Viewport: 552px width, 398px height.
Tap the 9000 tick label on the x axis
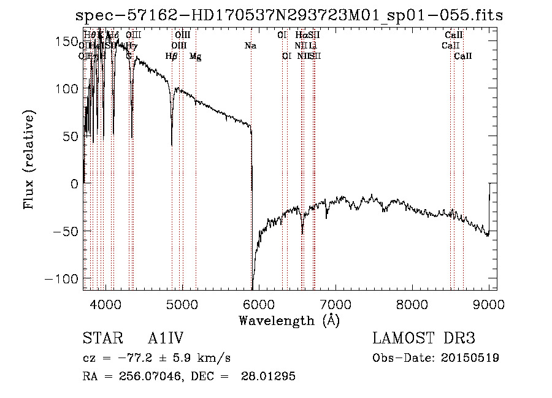488,304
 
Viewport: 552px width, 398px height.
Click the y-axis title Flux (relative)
29,159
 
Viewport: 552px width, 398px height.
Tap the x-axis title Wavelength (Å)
289,321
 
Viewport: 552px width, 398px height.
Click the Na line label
250,45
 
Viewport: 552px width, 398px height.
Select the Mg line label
195,56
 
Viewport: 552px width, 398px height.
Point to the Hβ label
172,56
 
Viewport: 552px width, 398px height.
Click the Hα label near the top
301,35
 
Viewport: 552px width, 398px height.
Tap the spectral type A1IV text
166,339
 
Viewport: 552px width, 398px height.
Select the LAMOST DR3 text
424,339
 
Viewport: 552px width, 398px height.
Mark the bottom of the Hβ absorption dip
172,145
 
